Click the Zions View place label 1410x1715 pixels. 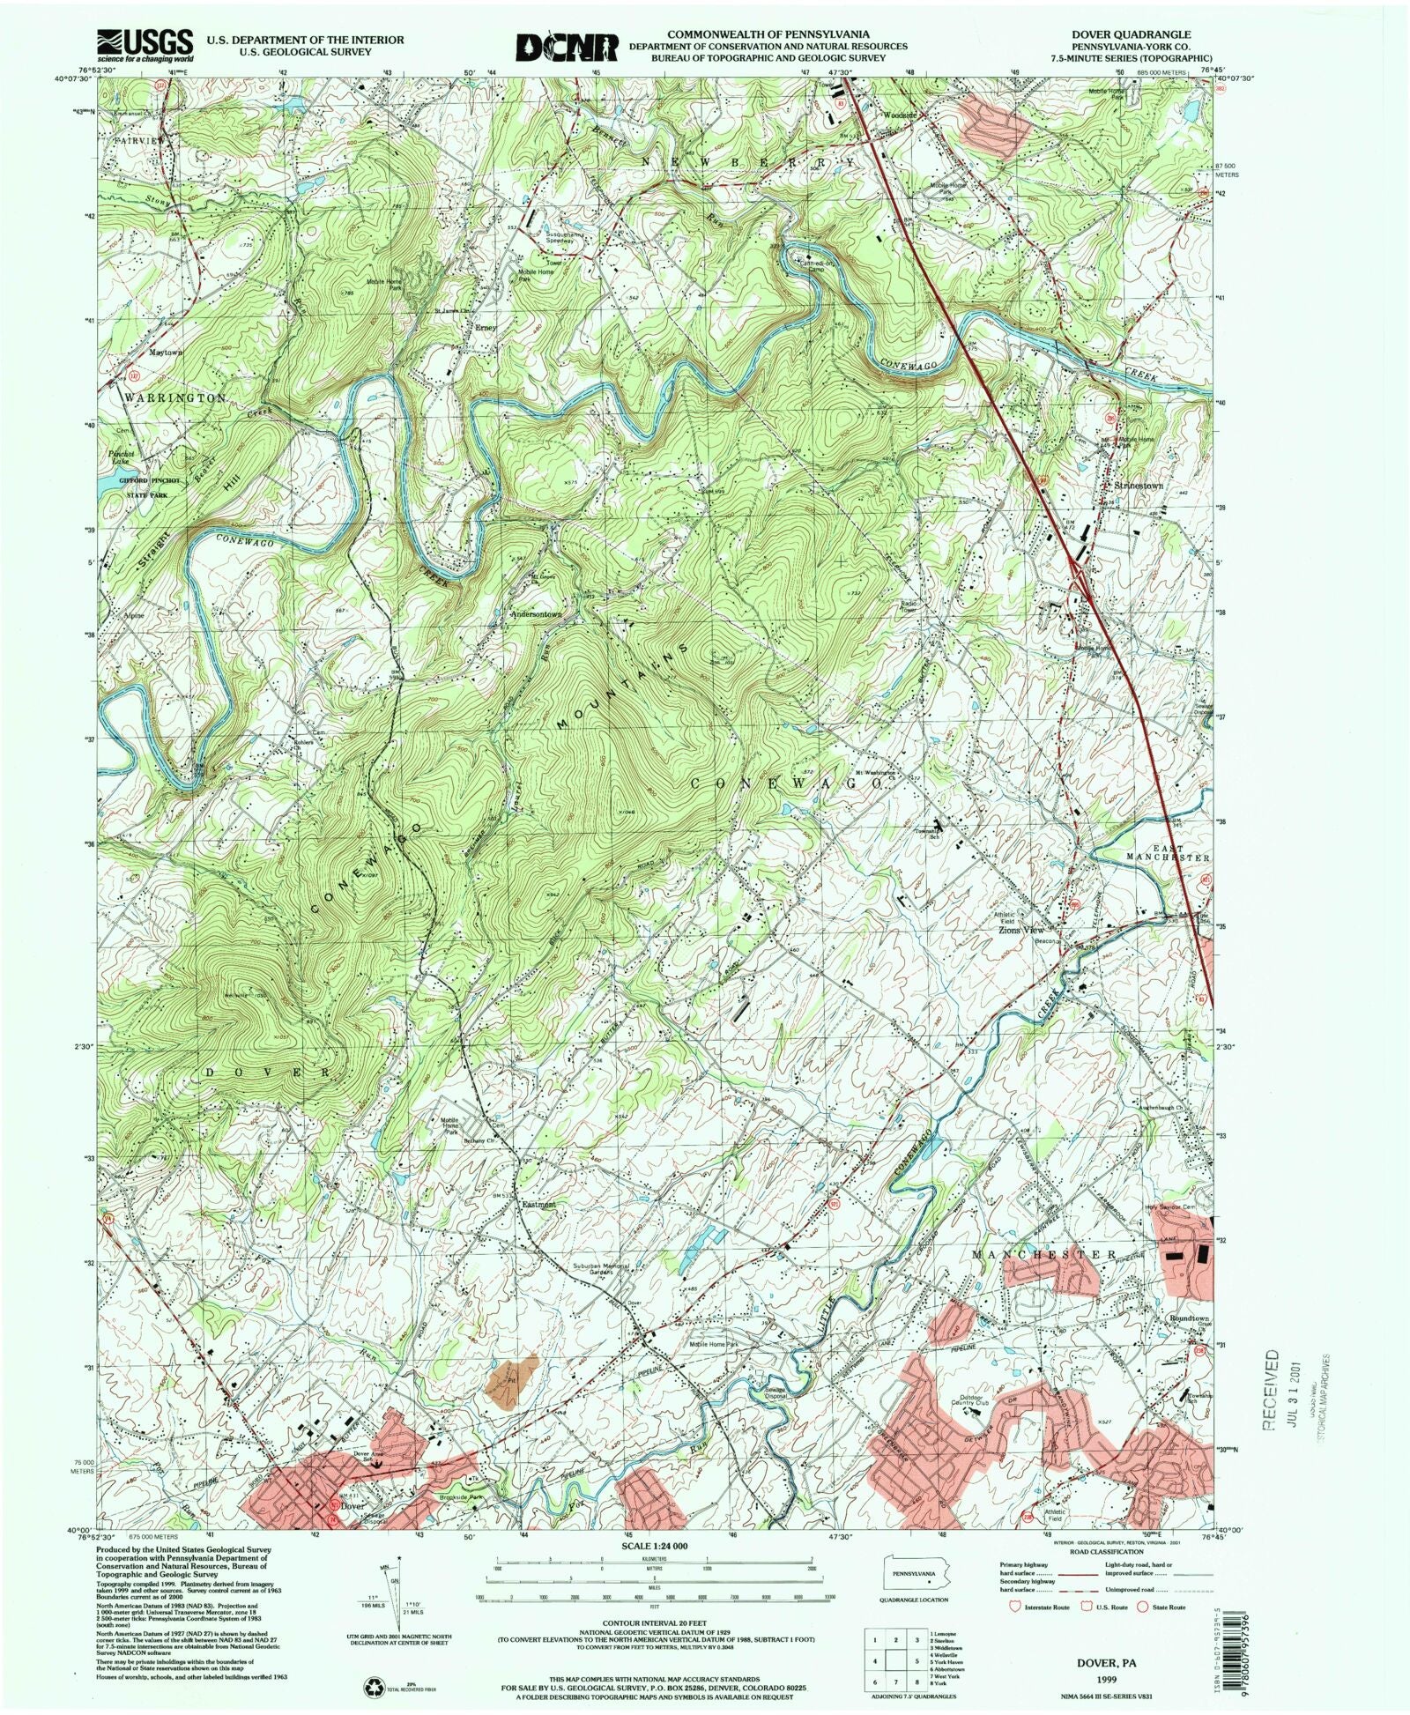tap(1020, 930)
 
